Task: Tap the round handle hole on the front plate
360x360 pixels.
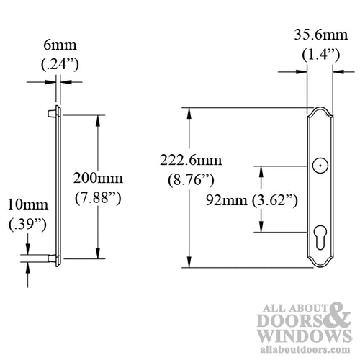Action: pyautogui.click(x=316, y=167)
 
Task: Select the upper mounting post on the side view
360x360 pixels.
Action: pyautogui.click(x=51, y=113)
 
